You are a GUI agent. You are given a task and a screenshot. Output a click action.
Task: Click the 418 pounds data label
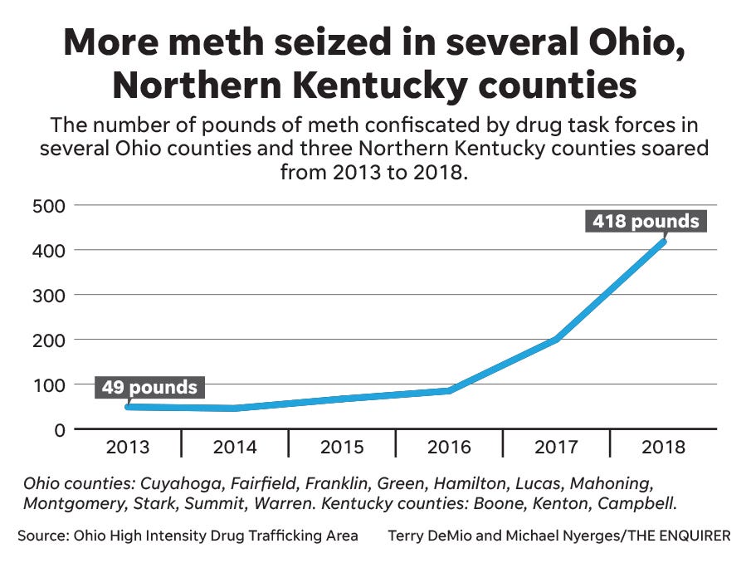pyautogui.click(x=645, y=222)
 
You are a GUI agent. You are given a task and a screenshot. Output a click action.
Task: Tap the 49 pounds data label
pyautogui.click(x=150, y=388)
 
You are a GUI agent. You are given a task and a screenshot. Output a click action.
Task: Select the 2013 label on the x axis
pyautogui.click(x=128, y=447)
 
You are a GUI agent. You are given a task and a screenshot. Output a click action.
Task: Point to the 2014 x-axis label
pyautogui.click(x=235, y=447)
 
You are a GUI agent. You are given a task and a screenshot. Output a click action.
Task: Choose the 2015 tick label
pyautogui.click(x=342, y=447)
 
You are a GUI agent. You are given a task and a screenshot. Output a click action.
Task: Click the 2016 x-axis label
pyautogui.click(x=449, y=447)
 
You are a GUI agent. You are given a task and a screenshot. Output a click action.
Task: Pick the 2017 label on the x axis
pyautogui.click(x=556, y=447)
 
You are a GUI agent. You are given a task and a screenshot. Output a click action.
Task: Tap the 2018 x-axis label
pyautogui.click(x=663, y=447)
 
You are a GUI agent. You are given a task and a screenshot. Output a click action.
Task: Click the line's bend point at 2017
pyautogui.click(x=556, y=339)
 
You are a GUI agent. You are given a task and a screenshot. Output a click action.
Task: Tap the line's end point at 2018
pyautogui.click(x=663, y=242)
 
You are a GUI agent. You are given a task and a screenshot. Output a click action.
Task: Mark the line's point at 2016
pyautogui.click(x=449, y=390)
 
